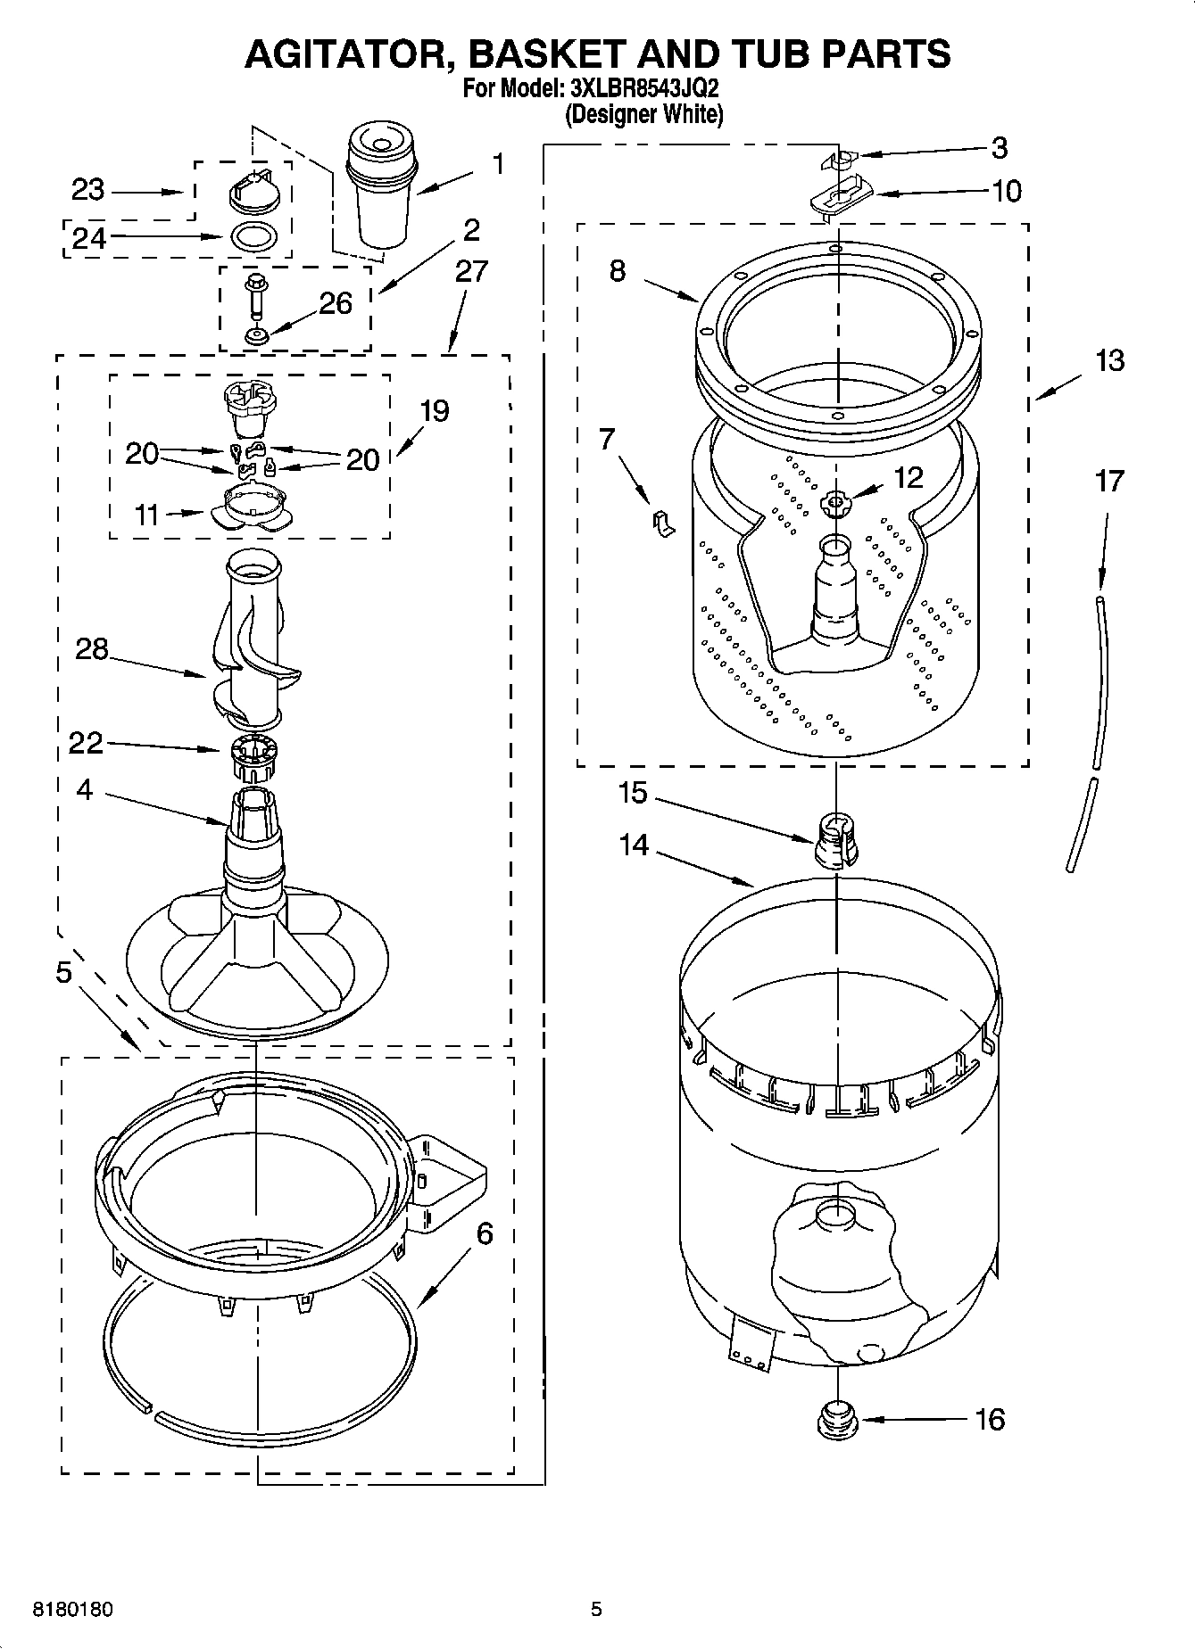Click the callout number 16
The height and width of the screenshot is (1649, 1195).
point(990,1419)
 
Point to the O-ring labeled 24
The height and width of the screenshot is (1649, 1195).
point(253,237)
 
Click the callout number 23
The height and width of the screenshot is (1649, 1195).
point(88,190)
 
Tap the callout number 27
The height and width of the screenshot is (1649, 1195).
point(471,270)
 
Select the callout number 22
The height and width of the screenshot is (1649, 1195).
point(87,742)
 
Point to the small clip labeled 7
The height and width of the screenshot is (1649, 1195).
point(661,524)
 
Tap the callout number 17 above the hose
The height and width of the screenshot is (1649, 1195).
point(1109,482)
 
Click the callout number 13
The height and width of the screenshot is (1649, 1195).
point(1109,360)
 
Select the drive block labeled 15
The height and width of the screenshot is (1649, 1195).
point(834,841)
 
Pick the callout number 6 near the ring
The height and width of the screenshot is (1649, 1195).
point(485,1233)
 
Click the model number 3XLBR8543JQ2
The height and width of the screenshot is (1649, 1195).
point(643,90)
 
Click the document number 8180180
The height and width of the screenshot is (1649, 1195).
point(73,1610)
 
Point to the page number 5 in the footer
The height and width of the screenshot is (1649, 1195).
point(596,1610)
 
